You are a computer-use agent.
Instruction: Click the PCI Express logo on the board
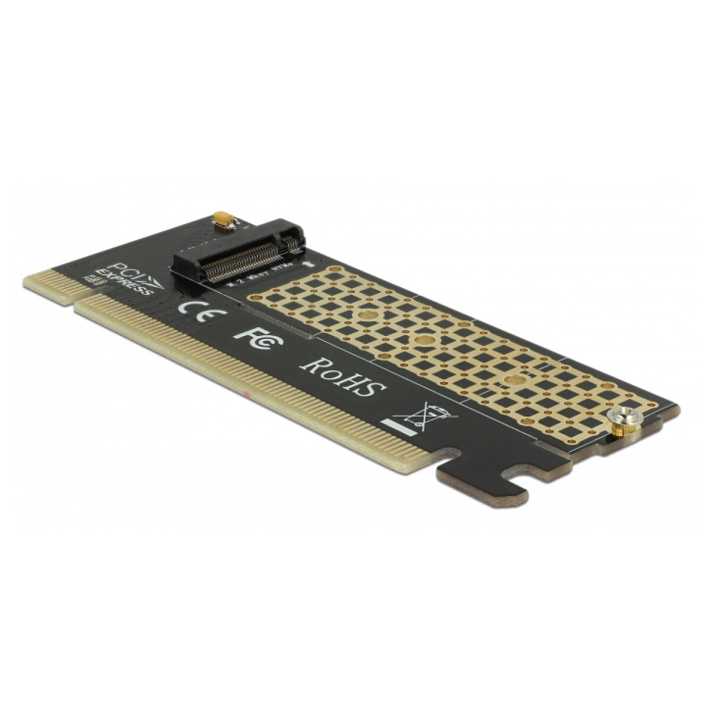click(127, 277)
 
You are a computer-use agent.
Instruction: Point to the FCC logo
click(259, 338)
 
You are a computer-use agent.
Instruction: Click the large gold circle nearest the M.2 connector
click(367, 316)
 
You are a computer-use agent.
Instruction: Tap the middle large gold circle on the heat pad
click(424, 340)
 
